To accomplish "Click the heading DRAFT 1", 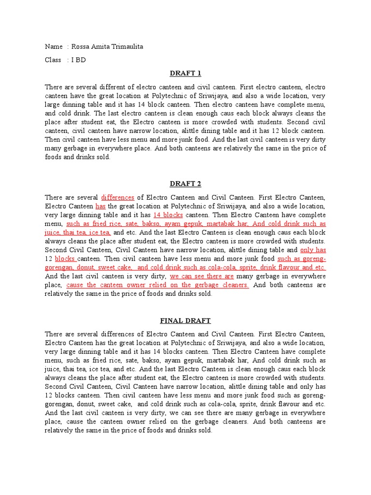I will coord(185,73).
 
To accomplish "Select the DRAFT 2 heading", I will coord(185,184).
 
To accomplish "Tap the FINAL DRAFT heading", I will coord(185,320).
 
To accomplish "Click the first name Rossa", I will coord(81,46).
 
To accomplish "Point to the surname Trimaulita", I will coord(126,46).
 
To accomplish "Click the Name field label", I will coord(54,46).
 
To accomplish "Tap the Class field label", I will coord(53,60).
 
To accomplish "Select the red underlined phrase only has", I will coord(313,250).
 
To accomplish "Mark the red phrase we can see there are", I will coord(202,276).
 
